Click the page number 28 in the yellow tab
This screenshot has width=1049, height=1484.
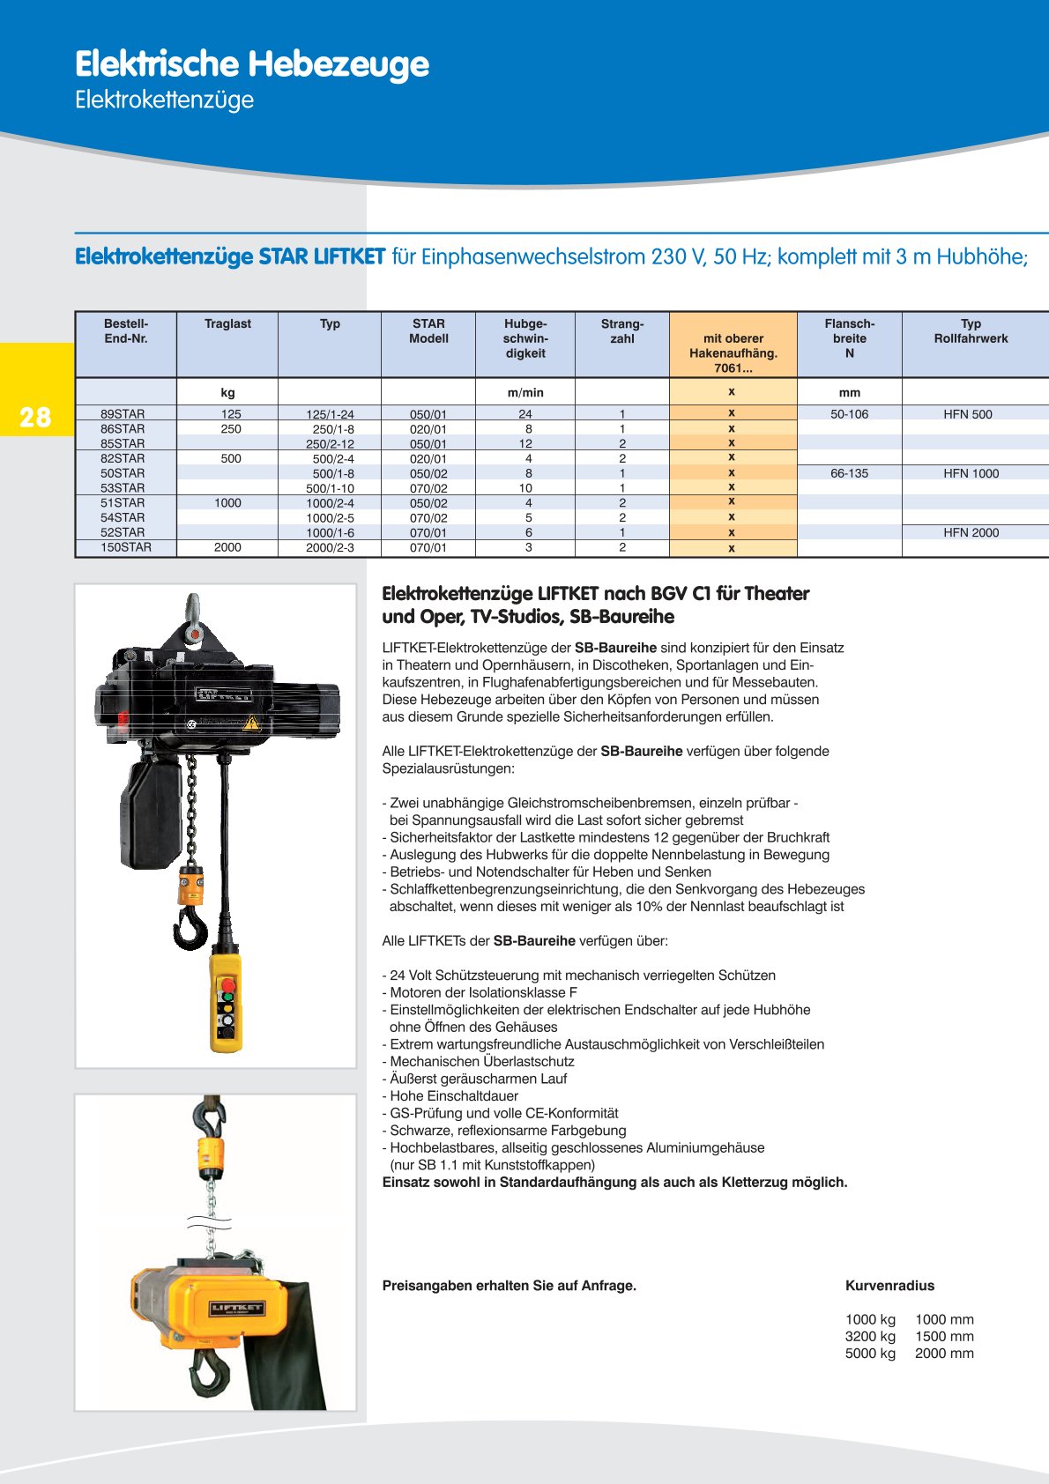[35, 417]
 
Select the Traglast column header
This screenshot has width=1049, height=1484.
[227, 324]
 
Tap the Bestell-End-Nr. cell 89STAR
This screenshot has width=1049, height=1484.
[123, 414]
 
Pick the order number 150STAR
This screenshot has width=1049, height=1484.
[126, 547]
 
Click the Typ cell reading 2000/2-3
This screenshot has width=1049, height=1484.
[330, 548]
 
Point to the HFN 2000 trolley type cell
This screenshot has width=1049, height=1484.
[971, 532]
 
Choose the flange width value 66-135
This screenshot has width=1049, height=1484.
[849, 473]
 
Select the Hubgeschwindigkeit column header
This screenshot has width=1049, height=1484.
[525, 338]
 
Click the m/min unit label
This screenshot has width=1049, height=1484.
[525, 393]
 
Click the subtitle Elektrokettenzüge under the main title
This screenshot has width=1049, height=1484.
[164, 100]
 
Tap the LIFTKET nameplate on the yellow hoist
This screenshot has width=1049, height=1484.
[236, 1308]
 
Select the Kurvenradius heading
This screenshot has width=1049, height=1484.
[889, 1286]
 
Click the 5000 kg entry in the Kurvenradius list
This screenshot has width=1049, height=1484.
[870, 1354]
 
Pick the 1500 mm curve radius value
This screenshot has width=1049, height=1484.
[944, 1337]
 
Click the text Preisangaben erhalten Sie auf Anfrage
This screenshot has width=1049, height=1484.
[509, 1286]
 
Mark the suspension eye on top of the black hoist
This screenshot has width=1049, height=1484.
[193, 607]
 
